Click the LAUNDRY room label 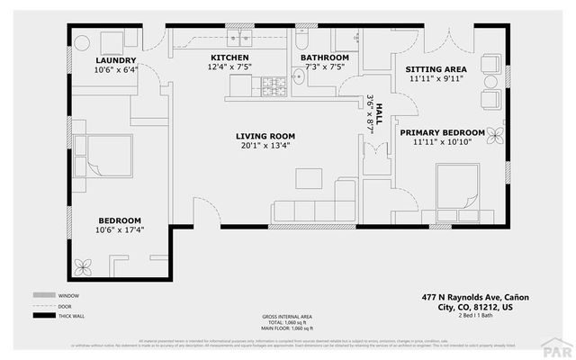pos(116,60)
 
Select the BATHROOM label pos(324,57)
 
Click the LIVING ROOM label pos(267,137)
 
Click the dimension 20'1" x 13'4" pos(267,147)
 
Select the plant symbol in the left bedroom pos(86,266)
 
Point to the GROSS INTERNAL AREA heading pos(287,317)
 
